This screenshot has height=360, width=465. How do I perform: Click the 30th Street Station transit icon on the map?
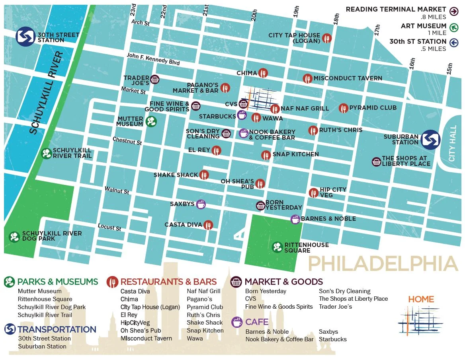[x=26, y=37]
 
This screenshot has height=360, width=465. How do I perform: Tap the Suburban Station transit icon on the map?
[x=430, y=139]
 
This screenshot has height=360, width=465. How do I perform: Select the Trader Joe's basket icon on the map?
[x=155, y=80]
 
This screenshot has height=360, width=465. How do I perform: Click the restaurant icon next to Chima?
[x=263, y=73]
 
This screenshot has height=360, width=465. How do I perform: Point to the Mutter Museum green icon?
[x=151, y=121]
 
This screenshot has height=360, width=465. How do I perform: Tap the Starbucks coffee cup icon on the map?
[x=241, y=115]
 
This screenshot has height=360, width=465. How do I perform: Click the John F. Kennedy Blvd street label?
[x=153, y=60]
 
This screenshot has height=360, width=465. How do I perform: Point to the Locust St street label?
[x=109, y=227]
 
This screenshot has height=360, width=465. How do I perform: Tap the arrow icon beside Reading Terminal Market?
[x=453, y=11]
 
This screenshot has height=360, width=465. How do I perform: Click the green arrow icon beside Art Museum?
[x=453, y=27]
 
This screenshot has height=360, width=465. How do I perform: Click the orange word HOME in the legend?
[x=421, y=299]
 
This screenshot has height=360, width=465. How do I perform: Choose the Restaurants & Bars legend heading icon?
[x=113, y=282]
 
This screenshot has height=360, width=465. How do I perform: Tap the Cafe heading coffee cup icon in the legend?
[x=237, y=322]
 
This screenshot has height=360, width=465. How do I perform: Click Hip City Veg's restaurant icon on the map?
[x=314, y=193]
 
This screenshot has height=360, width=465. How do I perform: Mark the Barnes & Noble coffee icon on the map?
[x=295, y=219]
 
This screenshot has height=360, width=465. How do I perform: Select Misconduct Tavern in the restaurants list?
[x=146, y=339]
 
